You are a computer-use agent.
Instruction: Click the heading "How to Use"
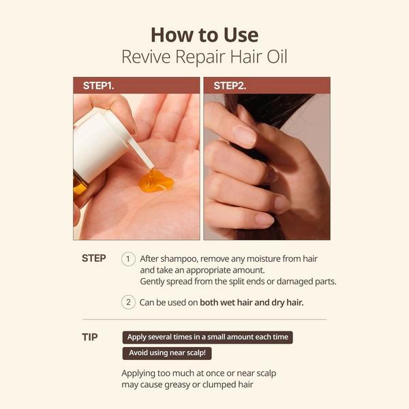[204, 34]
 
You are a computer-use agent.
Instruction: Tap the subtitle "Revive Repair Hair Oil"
[204, 57]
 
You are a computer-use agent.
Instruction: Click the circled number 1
[128, 259]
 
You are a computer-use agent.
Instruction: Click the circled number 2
[128, 302]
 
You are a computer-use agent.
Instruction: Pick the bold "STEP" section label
[94, 258]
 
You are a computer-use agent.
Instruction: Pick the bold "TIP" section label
[89, 337]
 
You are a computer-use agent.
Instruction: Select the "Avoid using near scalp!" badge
[167, 353]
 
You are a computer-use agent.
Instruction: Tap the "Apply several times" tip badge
[207, 337]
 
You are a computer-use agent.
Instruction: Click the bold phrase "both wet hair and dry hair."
[252, 302]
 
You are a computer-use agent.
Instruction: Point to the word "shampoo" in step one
[177, 259]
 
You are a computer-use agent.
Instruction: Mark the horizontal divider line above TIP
[204, 319]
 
